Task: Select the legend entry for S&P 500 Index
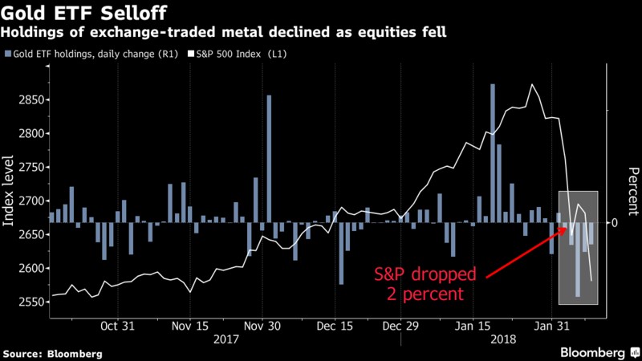(242, 54)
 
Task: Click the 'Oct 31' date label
(119, 327)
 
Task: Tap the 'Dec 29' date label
(400, 327)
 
